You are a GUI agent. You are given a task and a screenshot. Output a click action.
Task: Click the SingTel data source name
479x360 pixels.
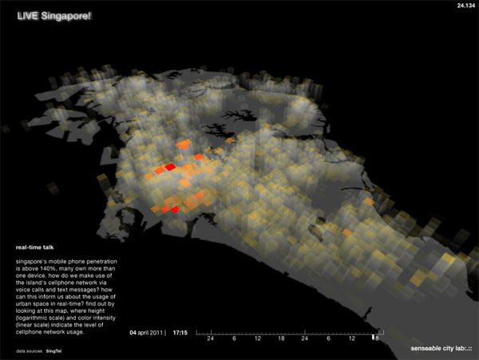[x=54, y=350]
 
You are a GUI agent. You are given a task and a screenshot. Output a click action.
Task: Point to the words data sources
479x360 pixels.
[x=28, y=350]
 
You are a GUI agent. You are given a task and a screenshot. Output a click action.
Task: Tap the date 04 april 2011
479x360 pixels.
[x=147, y=330]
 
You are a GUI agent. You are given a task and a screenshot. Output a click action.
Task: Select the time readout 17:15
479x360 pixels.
[x=180, y=330]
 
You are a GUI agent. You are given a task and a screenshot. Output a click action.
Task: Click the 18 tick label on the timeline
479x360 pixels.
[x=280, y=338]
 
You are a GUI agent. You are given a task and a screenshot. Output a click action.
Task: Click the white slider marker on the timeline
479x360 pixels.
[x=371, y=337]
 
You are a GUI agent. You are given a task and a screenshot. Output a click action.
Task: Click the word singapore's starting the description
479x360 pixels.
[x=31, y=261]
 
